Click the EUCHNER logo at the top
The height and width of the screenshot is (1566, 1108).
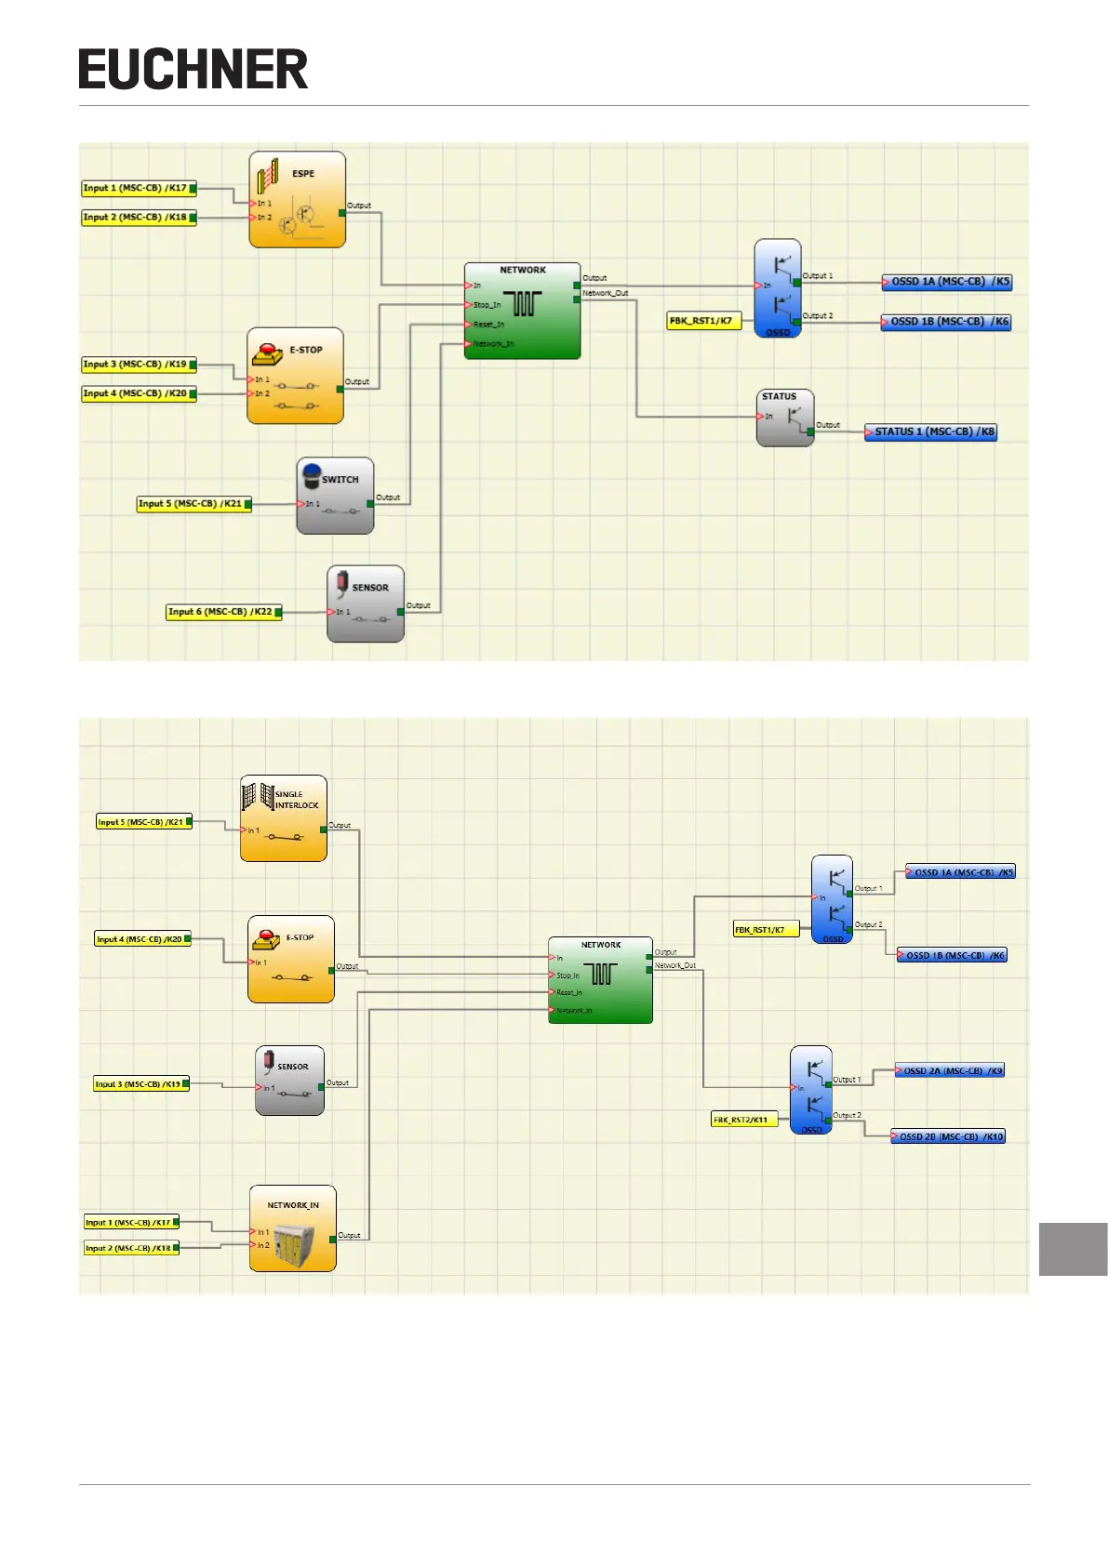coord(193,70)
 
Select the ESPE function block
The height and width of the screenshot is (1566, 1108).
coord(297,200)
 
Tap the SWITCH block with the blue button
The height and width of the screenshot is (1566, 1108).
coord(335,496)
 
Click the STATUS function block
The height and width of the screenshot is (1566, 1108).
coord(785,418)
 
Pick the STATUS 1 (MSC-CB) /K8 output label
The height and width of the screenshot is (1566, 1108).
coord(930,432)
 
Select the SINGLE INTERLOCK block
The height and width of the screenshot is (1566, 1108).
coord(284,818)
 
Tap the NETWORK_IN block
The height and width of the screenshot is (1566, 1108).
coord(292,1228)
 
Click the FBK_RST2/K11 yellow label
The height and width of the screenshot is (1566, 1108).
coord(743,1120)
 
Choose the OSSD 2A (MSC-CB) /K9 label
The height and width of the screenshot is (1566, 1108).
coord(949,1070)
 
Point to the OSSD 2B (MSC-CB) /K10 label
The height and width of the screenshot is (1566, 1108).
coord(948,1136)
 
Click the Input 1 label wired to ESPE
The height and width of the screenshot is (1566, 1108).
coord(139,188)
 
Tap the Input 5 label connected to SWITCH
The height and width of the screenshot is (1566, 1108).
coord(194,504)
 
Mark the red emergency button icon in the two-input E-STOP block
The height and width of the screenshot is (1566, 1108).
coord(267,354)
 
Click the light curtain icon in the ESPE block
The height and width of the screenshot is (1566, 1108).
coord(268,175)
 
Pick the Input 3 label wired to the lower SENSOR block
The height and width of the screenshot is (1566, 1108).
coord(140,1084)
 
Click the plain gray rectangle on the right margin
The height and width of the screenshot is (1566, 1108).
coord(1073,1249)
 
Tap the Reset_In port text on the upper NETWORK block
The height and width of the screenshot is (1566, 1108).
coord(488,325)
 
